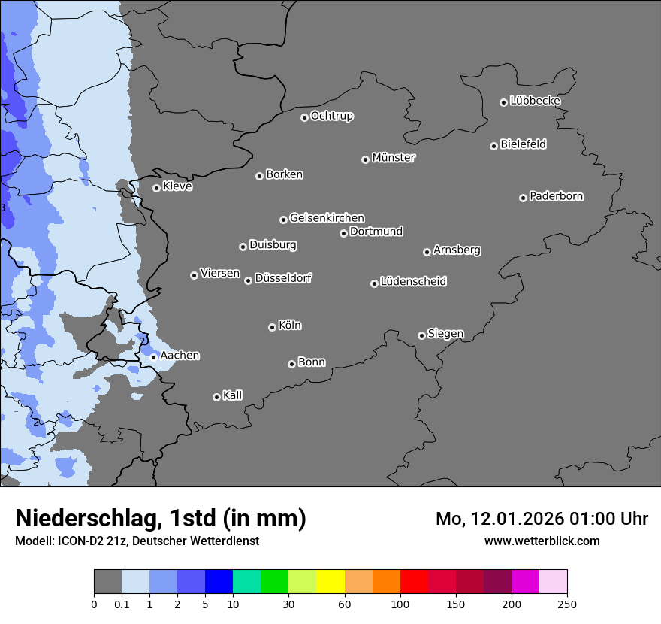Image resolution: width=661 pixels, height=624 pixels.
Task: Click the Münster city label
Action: pyautogui.click(x=393, y=158)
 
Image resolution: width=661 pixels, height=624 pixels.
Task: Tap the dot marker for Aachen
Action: pyautogui.click(x=153, y=357)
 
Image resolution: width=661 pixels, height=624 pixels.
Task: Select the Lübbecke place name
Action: pyautogui.click(x=535, y=101)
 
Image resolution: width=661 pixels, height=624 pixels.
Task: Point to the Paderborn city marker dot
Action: pyautogui.click(x=523, y=198)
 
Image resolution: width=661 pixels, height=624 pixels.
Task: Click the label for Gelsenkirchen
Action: pyautogui.click(x=327, y=218)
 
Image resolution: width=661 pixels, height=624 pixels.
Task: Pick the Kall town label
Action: pyautogui.click(x=232, y=395)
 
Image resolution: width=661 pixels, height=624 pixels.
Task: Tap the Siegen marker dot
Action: pyautogui.click(x=421, y=335)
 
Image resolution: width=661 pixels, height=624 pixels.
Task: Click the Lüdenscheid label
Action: pyautogui.click(x=413, y=282)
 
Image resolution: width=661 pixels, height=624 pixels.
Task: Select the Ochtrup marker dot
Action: pyautogui.click(x=304, y=117)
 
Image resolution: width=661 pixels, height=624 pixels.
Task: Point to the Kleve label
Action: pyautogui.click(x=177, y=186)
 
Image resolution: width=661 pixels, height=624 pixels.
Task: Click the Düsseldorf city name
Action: pyautogui.click(x=283, y=278)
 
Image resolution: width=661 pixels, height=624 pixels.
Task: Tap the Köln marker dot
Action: pyautogui.click(x=272, y=327)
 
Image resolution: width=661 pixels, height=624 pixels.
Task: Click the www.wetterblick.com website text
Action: pyautogui.click(x=542, y=541)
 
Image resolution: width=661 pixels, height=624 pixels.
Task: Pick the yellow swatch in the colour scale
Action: pyautogui.click(x=330, y=582)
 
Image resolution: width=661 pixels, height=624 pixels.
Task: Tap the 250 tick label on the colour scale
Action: pyautogui.click(x=567, y=604)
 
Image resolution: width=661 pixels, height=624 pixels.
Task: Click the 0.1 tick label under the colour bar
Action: pyautogui.click(x=122, y=604)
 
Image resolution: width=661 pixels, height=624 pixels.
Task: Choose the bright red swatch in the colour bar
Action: pyautogui.click(x=414, y=582)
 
